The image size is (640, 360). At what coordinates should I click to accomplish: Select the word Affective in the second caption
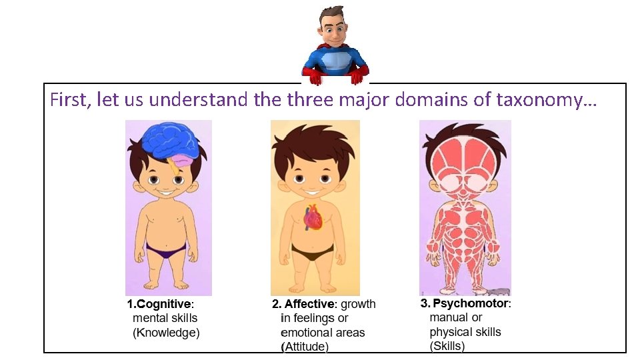click(x=309, y=304)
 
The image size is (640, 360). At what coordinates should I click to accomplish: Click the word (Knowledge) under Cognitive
click(x=166, y=332)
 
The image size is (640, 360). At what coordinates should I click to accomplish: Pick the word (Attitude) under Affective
click(x=305, y=346)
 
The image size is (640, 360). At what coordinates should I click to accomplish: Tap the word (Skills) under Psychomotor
click(x=447, y=345)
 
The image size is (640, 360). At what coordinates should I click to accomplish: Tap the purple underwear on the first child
click(x=166, y=251)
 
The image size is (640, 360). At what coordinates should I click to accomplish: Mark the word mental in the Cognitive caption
click(x=151, y=318)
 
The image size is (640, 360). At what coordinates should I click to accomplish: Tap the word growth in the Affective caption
click(x=358, y=304)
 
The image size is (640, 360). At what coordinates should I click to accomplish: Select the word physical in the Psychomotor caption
click(x=450, y=331)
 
